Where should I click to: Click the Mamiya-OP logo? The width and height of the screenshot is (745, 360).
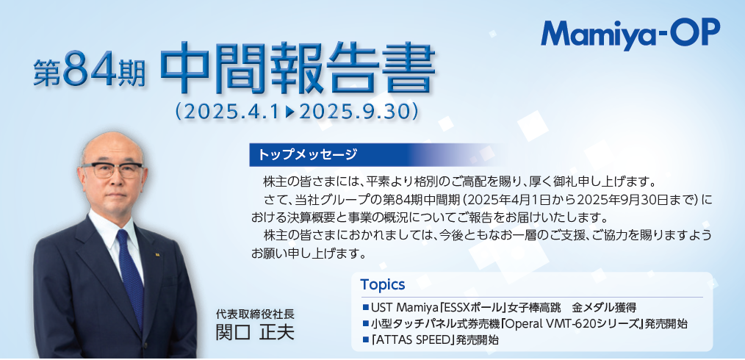tap(630, 34)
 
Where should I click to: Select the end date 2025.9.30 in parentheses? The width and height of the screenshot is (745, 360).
tap(354, 112)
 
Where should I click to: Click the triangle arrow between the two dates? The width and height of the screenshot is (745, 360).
tap(291, 112)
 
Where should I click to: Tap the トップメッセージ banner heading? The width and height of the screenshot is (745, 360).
tap(307, 154)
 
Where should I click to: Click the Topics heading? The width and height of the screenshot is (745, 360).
tap(383, 284)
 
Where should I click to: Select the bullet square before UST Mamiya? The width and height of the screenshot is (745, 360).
tap(365, 306)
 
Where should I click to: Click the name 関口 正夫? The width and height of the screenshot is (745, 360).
tap(255, 332)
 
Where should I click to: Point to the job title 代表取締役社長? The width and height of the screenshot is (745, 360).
tap(255, 314)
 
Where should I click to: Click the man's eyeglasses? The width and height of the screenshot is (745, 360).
tap(112, 170)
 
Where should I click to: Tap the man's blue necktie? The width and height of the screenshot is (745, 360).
tap(130, 276)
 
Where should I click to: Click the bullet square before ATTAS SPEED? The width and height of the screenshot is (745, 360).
tap(365, 340)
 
